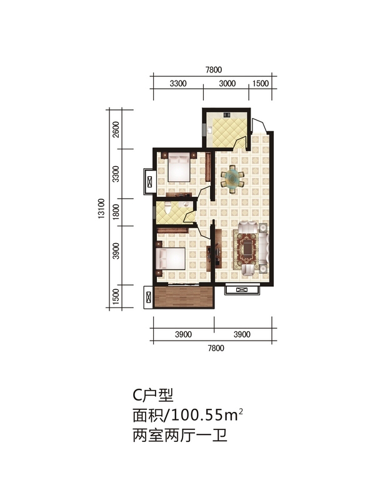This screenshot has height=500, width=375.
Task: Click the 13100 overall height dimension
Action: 101,209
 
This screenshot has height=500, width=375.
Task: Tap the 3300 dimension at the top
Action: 178,84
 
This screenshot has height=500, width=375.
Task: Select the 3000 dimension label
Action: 227,84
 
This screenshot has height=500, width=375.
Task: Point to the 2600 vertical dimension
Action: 116,129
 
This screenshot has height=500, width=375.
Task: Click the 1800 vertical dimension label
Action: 116,211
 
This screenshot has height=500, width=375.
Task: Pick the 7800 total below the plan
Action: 216,348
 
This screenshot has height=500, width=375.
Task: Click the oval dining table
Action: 232,179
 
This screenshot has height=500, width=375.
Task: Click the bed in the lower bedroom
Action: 170,259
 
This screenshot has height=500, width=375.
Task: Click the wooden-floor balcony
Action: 183,297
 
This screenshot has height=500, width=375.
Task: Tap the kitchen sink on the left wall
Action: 210,130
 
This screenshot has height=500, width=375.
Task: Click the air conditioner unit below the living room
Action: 242,290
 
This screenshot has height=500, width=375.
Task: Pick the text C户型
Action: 153,395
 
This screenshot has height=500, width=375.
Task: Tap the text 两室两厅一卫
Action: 180,435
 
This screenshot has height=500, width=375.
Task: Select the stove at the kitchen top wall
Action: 227,114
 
